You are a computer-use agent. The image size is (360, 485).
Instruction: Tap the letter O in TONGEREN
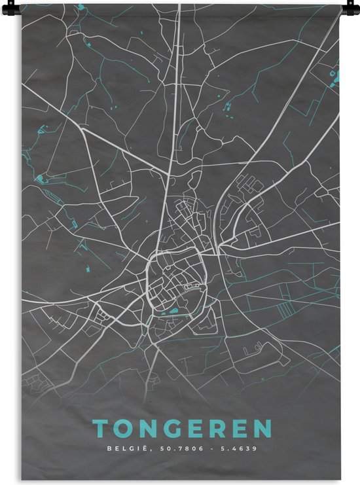tap(125, 429)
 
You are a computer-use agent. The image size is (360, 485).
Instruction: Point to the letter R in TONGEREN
tap(217, 429)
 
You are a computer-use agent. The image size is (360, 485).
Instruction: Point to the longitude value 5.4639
tap(238, 449)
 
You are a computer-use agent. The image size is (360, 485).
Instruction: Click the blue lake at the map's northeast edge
tap(337, 78)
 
